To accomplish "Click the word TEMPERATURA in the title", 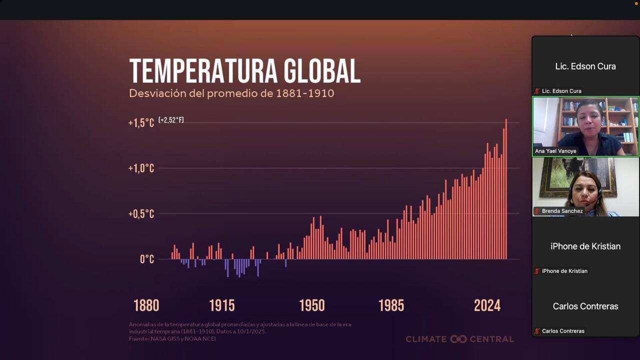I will pyautogui.click(x=203, y=71).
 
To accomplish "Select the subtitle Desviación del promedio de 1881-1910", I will pyautogui.click(x=231, y=93).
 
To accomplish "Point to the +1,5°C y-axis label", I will pyautogui.click(x=141, y=123).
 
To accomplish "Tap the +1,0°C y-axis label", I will pyautogui.click(x=141, y=168).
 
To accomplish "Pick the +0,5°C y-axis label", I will pyautogui.click(x=141, y=214).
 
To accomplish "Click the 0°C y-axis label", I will pyautogui.click(x=147, y=259).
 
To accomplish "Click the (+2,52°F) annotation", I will pyautogui.click(x=171, y=120).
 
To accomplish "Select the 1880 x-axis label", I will pyautogui.click(x=146, y=305).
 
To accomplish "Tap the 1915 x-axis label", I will pyautogui.click(x=221, y=305).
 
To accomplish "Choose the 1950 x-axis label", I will pyautogui.click(x=312, y=305).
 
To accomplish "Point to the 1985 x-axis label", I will pyautogui.click(x=391, y=305).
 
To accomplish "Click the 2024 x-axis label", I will pyautogui.click(x=487, y=305).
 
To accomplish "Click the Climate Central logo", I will pyautogui.click(x=459, y=339).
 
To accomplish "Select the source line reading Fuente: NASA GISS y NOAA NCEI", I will pyautogui.click(x=172, y=338).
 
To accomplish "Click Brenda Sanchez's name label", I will pyautogui.click(x=562, y=211).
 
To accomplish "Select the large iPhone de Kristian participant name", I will pyautogui.click(x=585, y=246).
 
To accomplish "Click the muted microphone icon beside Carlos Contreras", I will pyautogui.click(x=537, y=331).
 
